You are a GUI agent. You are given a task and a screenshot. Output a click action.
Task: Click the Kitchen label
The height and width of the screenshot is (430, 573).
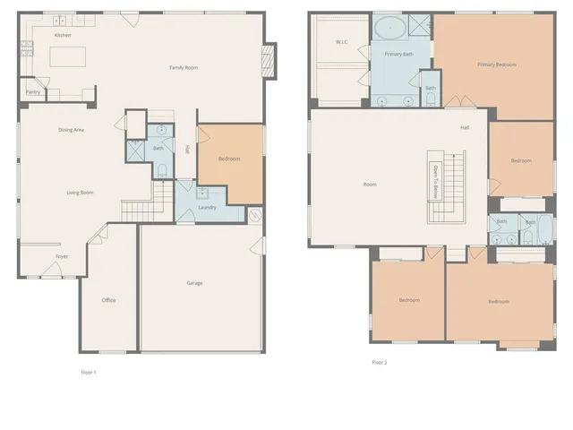point(63,35)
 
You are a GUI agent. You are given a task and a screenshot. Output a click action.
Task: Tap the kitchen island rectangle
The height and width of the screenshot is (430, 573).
point(72,57)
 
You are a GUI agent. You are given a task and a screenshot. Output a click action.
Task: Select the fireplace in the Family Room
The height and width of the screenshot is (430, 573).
point(266,61)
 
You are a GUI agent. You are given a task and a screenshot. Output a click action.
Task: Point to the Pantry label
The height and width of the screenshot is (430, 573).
point(32,91)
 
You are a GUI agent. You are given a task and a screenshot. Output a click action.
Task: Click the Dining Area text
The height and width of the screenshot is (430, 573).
point(72,130)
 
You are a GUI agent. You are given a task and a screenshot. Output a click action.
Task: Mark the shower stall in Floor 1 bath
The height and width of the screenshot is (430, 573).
point(135,150)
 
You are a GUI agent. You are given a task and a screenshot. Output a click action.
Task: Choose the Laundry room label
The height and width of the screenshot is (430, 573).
point(207,207)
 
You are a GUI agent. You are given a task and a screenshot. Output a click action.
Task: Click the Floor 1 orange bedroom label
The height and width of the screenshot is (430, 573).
point(229,159)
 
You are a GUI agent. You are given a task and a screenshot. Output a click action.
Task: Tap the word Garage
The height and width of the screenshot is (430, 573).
point(194,283)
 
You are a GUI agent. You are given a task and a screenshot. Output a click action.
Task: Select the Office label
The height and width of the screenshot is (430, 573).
point(108,300)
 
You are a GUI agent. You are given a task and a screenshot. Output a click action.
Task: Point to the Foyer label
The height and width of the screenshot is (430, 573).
point(62,256)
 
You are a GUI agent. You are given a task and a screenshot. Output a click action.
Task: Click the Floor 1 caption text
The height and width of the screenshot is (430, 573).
point(89,372)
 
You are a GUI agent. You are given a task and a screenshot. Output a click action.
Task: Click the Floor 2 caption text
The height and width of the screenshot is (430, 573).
point(380,363)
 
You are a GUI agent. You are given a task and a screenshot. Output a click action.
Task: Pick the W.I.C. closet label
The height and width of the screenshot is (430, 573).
point(341,42)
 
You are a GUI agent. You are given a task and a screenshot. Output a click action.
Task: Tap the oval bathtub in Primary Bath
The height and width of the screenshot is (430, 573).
point(390,27)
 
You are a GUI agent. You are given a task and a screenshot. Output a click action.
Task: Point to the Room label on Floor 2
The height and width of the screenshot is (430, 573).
point(370,185)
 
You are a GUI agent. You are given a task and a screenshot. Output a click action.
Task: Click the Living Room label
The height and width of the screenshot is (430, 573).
point(81,193)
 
